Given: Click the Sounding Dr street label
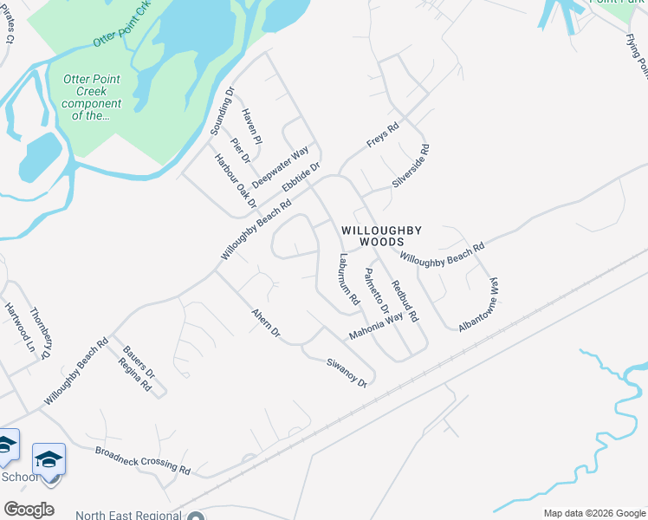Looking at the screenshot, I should [224, 111].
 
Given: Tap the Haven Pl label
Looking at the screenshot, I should [252, 127].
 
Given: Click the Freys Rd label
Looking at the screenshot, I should [382, 135].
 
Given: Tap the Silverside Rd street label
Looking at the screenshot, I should [411, 166].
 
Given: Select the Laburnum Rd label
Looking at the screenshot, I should [349, 279].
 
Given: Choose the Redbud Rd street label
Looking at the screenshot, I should [405, 301].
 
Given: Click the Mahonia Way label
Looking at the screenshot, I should [376, 327].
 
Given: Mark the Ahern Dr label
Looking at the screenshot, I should [266, 322].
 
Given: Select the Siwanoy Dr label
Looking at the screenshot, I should [347, 373].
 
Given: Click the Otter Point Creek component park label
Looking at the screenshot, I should [92, 97].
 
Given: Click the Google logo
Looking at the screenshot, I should [29, 509].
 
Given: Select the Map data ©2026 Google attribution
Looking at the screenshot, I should [593, 513].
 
